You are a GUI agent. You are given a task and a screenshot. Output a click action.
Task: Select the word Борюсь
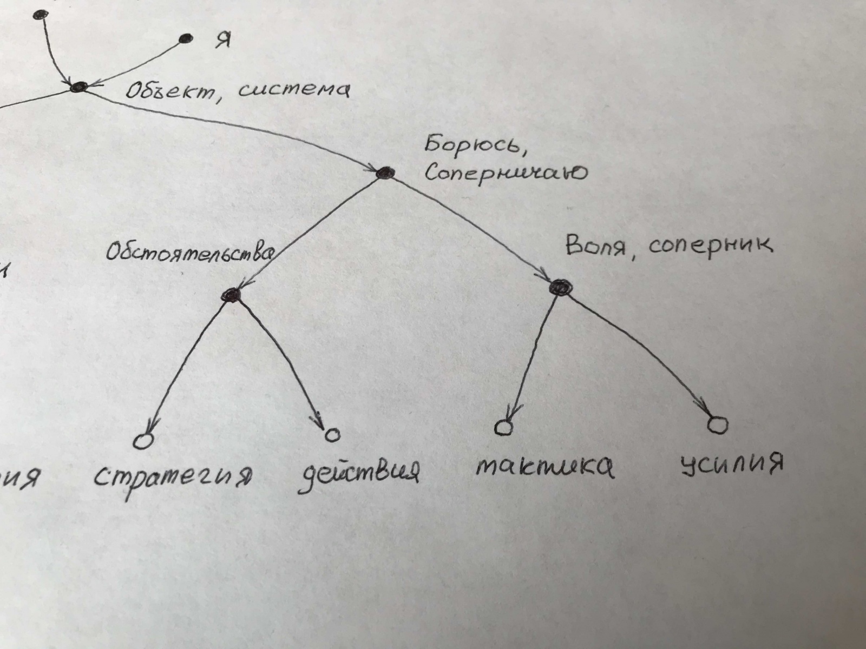pyautogui.click(x=474, y=145)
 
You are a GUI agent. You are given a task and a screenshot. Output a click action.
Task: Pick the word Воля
pyautogui.click(x=596, y=247)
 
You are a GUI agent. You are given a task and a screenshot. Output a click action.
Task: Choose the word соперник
pyautogui.click(x=711, y=246)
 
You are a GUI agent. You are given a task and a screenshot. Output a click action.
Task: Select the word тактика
pyautogui.click(x=544, y=467)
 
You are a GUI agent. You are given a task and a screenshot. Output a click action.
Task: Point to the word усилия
pyautogui.click(x=731, y=463)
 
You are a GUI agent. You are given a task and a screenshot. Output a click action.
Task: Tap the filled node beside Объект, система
pyautogui.click(x=79, y=87)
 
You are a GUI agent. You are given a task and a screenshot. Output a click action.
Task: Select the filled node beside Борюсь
pyautogui.click(x=385, y=173)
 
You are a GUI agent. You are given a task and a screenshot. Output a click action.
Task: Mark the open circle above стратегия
pyautogui.click(x=144, y=441)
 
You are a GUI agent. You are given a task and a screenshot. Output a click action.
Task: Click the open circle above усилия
pyautogui.click(x=718, y=425)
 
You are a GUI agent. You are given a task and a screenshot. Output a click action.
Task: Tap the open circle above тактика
pyautogui.click(x=503, y=428)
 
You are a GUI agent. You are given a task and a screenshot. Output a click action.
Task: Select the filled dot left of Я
pyautogui.click(x=186, y=38)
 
